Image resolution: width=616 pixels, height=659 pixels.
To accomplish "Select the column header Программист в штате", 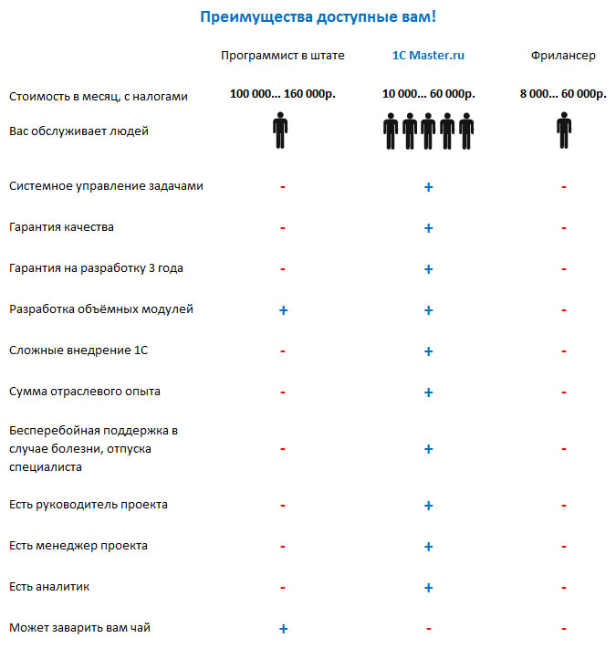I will (x=283, y=56).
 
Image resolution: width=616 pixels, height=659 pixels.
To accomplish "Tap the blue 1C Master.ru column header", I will (x=428, y=56).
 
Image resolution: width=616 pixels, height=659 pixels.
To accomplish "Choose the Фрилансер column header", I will (x=563, y=56).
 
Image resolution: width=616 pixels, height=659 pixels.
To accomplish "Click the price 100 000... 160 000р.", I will (x=283, y=94).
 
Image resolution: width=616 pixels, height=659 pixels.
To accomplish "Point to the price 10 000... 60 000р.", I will (x=428, y=94).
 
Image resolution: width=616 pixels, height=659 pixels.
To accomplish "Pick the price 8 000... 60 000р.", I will (x=563, y=94).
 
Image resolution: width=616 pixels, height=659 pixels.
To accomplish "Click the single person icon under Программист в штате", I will (x=280, y=131).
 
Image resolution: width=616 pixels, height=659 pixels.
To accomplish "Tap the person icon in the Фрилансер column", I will (x=564, y=131).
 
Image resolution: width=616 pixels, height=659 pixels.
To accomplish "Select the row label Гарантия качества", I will (x=61, y=226).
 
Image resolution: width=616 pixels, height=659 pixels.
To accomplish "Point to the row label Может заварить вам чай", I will (x=78, y=628).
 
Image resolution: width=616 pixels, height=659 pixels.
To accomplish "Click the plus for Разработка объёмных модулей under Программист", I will (x=283, y=310).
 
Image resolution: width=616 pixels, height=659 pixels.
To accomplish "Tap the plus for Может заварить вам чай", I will (x=283, y=629).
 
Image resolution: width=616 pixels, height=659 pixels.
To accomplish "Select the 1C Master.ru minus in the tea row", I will (x=428, y=629).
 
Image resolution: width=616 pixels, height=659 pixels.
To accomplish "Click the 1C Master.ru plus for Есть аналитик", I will (x=428, y=588).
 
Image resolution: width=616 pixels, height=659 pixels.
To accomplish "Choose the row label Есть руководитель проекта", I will (x=89, y=505).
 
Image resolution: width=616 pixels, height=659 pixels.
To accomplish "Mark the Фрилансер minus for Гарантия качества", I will (x=564, y=228).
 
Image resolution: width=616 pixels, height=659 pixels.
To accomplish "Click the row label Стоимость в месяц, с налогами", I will (x=99, y=97).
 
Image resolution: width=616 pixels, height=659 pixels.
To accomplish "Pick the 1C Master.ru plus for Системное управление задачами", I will (x=428, y=187).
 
